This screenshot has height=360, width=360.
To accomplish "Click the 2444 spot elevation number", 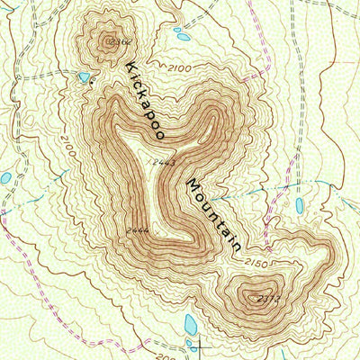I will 138,230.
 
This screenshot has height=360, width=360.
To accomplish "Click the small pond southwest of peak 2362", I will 84,77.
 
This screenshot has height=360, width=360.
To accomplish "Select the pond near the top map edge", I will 183,36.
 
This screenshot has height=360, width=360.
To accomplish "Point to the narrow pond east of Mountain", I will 300,206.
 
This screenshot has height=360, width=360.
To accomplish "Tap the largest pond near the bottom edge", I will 191,323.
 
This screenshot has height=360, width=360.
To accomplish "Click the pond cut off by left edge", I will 4,178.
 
